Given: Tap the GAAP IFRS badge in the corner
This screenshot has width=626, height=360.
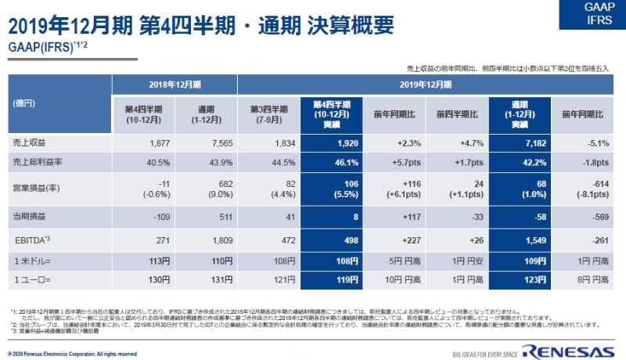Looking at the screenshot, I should pyautogui.click(x=599, y=13).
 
